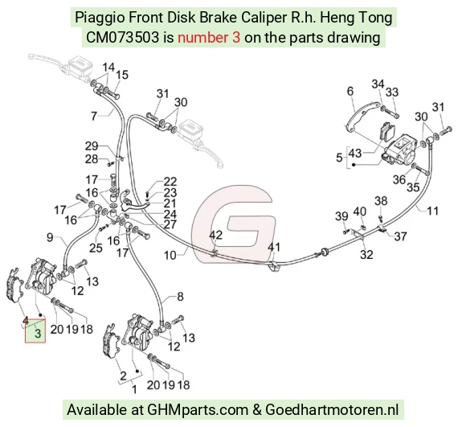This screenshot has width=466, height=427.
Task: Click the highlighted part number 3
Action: point(38,334)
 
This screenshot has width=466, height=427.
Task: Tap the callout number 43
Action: point(355,154)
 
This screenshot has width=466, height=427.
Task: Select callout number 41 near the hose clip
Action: point(274,247)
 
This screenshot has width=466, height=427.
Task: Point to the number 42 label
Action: point(216,235)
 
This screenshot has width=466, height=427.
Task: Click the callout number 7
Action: point(94,116)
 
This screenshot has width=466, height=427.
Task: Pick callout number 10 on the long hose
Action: point(170,255)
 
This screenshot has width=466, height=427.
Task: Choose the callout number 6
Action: point(350,91)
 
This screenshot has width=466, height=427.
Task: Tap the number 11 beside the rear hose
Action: point(433,211)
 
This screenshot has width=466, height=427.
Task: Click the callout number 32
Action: point(366,255)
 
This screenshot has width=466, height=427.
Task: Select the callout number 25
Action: point(96,248)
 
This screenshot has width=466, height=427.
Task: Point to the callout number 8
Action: point(180,297)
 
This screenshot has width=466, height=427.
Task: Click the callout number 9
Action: point(51,237)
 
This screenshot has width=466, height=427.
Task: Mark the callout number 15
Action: point(122,75)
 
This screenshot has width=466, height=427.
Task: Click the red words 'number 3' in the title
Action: point(209,38)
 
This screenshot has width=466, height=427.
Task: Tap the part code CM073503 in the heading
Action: point(122,38)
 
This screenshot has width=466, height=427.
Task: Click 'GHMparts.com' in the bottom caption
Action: point(198,410)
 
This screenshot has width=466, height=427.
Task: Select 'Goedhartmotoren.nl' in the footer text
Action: point(332,409)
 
